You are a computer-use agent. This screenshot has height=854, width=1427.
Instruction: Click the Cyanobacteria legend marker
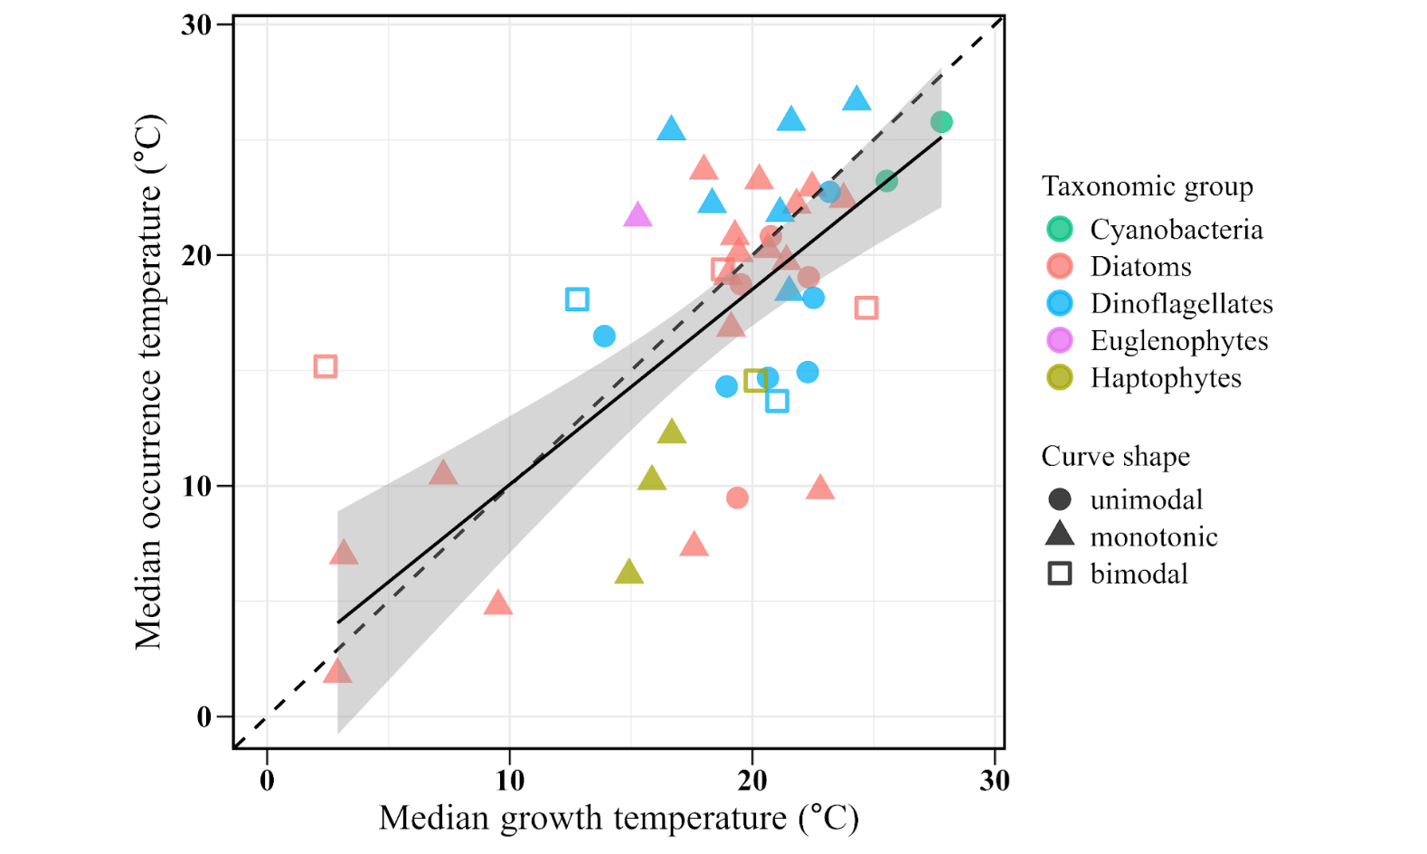point(1060,229)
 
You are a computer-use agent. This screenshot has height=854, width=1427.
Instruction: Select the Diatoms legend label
point(1140,267)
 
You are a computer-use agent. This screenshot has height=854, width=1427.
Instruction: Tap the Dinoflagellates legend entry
point(1181,304)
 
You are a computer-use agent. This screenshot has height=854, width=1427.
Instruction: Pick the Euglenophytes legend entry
point(1178,341)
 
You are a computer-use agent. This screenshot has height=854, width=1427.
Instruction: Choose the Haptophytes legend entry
point(1166,378)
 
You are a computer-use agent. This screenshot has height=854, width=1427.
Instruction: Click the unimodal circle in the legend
point(1060,499)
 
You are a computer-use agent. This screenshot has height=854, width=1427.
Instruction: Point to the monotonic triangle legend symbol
point(1060,535)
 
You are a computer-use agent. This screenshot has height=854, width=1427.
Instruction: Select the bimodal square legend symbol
point(1060,574)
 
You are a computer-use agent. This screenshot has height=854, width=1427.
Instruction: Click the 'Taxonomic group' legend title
point(1147,186)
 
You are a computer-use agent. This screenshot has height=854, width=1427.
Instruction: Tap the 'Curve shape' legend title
point(1115,456)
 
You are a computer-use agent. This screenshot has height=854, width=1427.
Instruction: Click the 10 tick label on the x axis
point(509,780)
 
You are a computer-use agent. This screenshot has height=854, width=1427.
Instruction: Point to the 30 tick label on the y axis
point(196,25)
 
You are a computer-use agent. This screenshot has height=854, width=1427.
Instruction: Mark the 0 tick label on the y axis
point(204,717)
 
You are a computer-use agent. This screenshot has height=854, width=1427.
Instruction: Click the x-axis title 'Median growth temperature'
point(619,818)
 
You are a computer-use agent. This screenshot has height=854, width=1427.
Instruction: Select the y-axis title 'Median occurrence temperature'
point(148,382)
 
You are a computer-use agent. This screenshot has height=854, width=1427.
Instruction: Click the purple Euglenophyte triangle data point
point(638,215)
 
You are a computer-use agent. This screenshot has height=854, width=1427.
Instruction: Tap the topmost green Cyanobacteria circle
point(940,122)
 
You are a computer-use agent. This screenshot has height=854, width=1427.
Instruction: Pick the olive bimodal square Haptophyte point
point(755,380)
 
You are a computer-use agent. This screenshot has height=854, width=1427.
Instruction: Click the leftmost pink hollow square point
point(326,366)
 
